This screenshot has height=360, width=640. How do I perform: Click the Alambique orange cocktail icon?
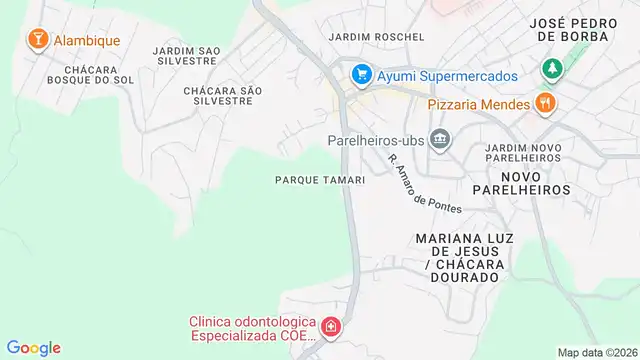(x=38, y=39)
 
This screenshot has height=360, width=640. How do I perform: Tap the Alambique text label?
(x=86, y=41)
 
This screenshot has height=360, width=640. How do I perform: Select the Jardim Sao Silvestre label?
(x=187, y=55)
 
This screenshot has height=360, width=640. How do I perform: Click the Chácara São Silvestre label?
(x=223, y=95)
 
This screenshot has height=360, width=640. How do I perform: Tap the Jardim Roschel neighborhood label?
(x=377, y=37)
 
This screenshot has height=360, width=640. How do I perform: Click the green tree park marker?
(x=549, y=69)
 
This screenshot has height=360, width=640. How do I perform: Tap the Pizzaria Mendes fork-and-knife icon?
(x=545, y=102)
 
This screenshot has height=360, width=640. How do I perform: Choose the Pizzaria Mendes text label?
(x=478, y=103)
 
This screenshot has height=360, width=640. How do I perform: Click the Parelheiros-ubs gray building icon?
(x=439, y=139)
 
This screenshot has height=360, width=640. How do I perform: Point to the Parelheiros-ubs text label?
(x=375, y=140)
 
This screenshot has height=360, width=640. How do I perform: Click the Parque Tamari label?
(x=318, y=180)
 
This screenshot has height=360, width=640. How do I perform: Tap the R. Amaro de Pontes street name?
(x=425, y=183)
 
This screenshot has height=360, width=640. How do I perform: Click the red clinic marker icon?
(x=329, y=327)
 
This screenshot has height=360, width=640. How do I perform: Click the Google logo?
(x=34, y=347)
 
